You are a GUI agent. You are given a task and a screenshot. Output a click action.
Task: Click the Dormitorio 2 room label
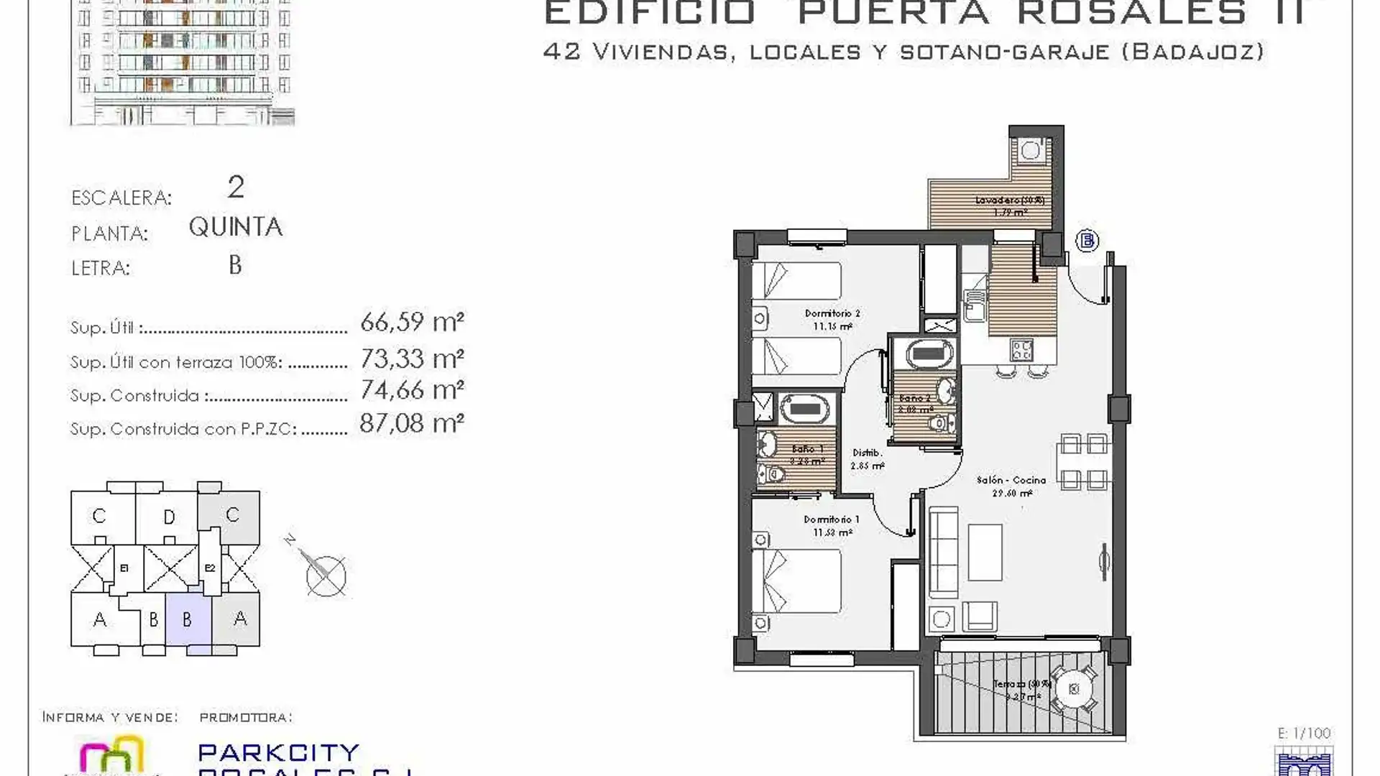(x=832, y=314)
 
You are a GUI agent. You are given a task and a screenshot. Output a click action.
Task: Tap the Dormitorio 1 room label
(x=832, y=519)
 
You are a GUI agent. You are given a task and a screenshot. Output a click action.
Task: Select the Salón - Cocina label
(x=1011, y=480)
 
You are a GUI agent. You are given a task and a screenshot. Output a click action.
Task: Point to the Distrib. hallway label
(x=868, y=453)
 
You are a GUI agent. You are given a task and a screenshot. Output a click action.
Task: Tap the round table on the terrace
(x=1074, y=689)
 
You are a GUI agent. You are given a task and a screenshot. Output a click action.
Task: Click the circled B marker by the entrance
(x=1087, y=241)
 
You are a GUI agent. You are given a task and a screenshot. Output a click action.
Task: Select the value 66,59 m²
(x=412, y=322)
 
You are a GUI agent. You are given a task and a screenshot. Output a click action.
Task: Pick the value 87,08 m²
(x=412, y=424)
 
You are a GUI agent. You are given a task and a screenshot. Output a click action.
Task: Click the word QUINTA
(x=236, y=227)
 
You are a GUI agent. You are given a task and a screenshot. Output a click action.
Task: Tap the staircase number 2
(x=236, y=188)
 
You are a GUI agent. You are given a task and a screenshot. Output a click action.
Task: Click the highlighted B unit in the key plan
(x=188, y=619)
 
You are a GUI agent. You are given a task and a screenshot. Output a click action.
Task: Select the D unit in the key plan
(x=169, y=517)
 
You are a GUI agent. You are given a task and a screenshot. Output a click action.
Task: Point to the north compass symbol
(x=325, y=575)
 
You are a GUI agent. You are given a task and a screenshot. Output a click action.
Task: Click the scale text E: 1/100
(x=1305, y=734)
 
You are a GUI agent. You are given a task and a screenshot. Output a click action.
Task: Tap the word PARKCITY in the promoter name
(x=278, y=752)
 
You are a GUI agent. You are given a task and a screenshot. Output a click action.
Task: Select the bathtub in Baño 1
(x=805, y=410)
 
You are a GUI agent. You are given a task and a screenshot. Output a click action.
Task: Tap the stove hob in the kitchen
(x=1021, y=350)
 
